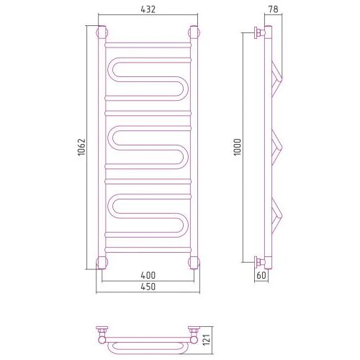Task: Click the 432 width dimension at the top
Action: click(148, 9)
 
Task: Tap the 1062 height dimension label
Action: click(81, 147)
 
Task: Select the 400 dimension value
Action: click(148, 275)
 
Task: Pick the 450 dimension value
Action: click(148, 287)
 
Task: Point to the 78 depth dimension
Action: click(273, 9)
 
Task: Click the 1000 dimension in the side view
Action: click(238, 147)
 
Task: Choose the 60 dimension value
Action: click(261, 275)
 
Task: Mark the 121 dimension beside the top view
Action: click(207, 339)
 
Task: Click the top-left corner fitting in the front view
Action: click(102, 32)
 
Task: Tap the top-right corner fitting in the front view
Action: click(194, 32)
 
